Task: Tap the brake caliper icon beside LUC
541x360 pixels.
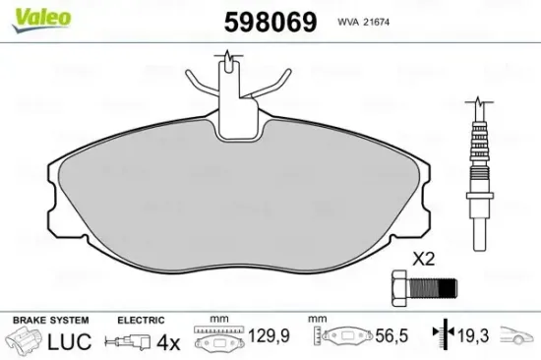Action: tap(26, 341)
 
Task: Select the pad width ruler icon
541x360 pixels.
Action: tap(218, 339)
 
